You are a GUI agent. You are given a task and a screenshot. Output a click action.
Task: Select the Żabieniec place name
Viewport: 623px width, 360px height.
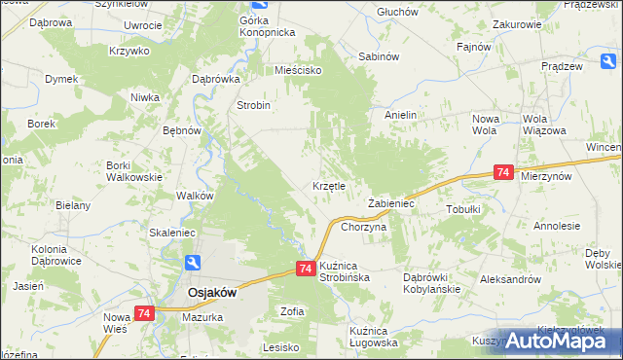pos(391,203)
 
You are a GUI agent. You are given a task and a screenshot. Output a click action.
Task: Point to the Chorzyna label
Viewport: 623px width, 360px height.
pos(364,226)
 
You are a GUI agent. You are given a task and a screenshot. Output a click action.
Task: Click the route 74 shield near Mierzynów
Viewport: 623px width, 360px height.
pos(502,172)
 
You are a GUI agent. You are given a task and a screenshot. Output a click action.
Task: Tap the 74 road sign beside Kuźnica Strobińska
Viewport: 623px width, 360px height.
pos(305,269)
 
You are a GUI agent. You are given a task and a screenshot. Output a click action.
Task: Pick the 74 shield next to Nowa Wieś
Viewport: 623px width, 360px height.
pos(144,313)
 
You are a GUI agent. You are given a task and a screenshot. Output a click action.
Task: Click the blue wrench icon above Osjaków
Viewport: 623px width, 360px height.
pos(194,263)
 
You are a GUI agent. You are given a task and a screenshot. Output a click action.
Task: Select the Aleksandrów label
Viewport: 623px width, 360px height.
pos(510,278)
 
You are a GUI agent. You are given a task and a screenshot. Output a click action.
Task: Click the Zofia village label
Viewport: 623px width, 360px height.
pos(292,311)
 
